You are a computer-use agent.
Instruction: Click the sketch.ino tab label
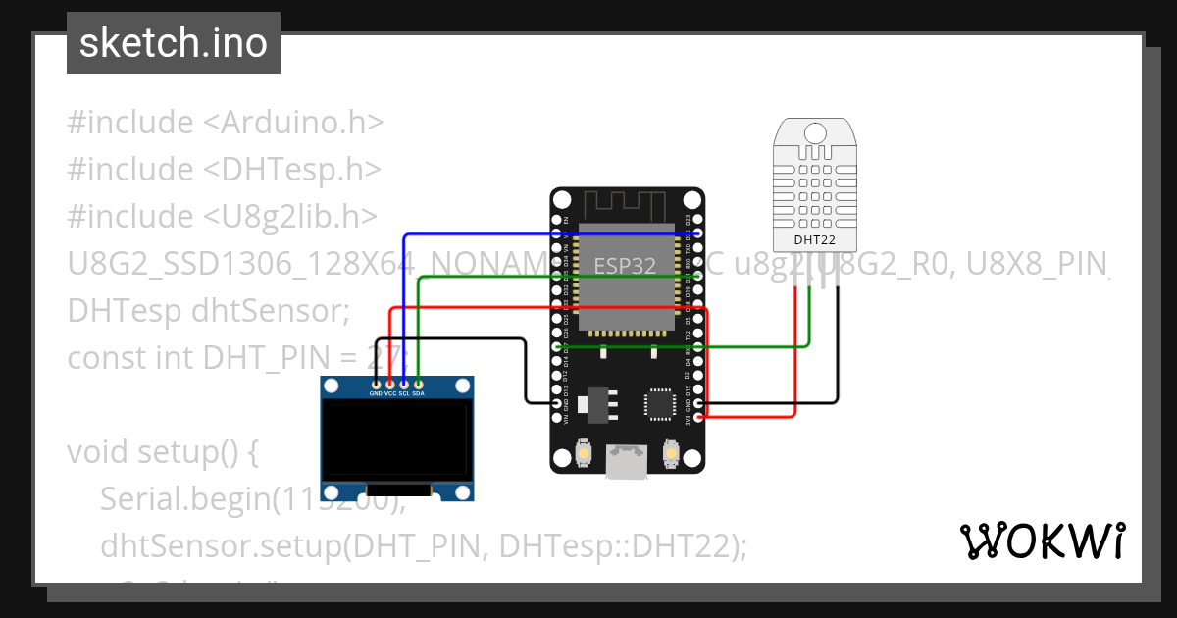(x=173, y=43)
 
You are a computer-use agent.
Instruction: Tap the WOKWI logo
(x=1041, y=541)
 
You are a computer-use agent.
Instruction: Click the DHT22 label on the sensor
(x=813, y=239)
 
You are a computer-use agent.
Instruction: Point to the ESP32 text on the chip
(x=624, y=265)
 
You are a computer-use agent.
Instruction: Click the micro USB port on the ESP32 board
(x=628, y=461)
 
